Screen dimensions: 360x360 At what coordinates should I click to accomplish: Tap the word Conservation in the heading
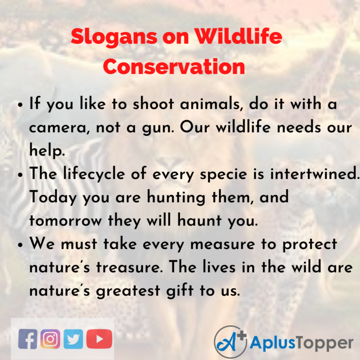pos(174,67)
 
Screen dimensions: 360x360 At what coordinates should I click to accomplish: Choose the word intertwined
pos(304,173)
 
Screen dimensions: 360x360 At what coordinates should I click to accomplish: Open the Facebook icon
pos(28,339)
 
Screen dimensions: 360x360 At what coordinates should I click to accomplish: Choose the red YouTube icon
pos(99,339)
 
